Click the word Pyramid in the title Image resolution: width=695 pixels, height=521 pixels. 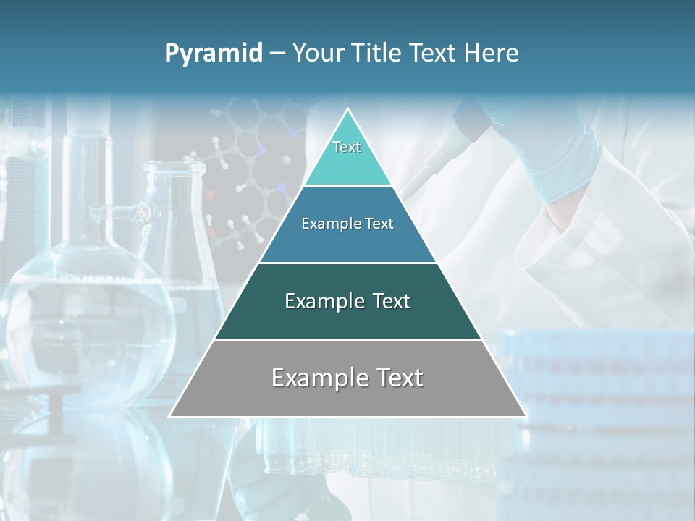214,54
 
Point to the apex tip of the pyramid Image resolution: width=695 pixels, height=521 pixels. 348,109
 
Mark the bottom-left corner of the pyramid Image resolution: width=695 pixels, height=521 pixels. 170,416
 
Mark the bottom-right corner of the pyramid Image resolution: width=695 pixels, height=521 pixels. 526,416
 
